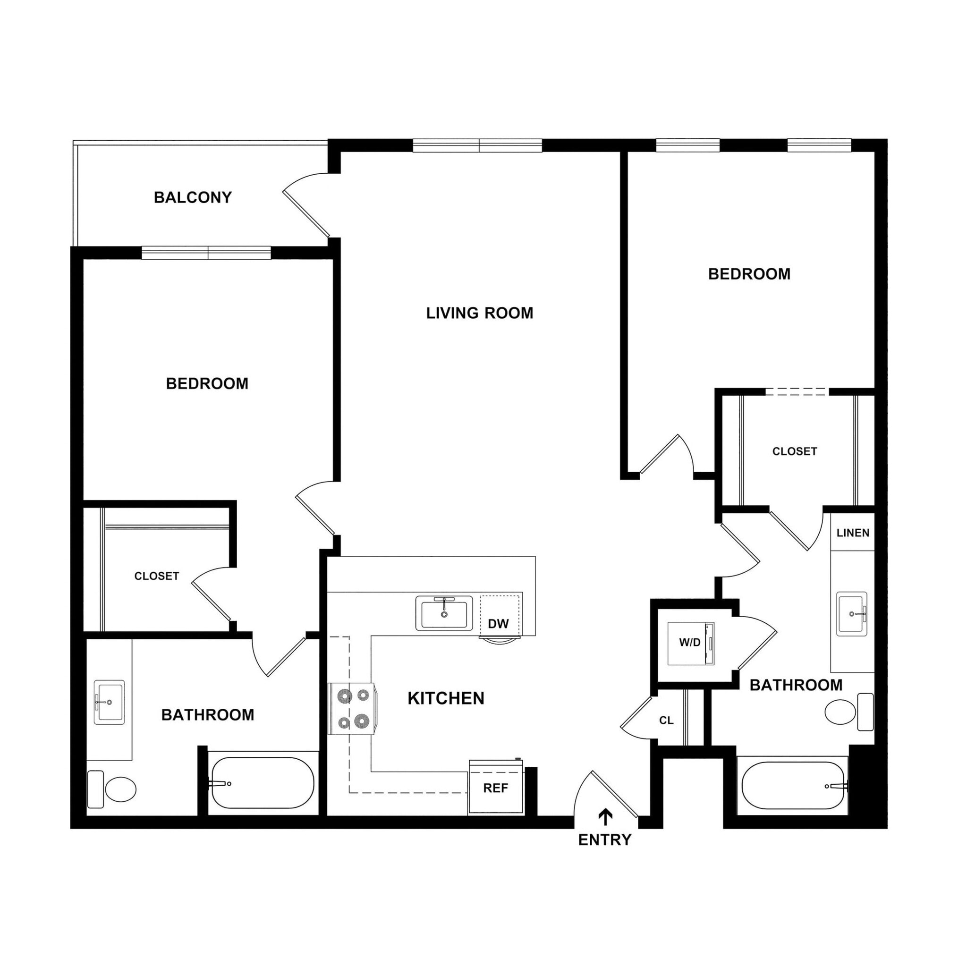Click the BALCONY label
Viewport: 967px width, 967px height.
pos(193,198)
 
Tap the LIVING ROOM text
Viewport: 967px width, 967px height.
pos(480,314)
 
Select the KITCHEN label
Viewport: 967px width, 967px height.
pos(446,698)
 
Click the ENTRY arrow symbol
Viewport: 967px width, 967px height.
pos(606,817)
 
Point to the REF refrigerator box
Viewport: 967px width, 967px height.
pos(495,789)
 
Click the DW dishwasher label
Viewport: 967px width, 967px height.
pos(498,624)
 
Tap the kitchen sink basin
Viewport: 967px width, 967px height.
pos(444,614)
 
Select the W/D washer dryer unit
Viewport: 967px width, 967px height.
pos(691,643)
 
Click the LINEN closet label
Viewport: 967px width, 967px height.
pos(853,533)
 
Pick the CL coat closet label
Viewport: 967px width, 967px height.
pos(666,721)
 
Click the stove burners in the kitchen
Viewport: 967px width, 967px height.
pos(352,709)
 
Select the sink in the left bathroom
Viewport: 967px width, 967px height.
pos(109,702)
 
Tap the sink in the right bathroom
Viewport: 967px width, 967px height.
pos(851,613)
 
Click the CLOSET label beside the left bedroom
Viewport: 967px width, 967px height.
pos(157,576)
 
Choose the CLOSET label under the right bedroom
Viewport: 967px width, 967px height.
pos(794,451)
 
